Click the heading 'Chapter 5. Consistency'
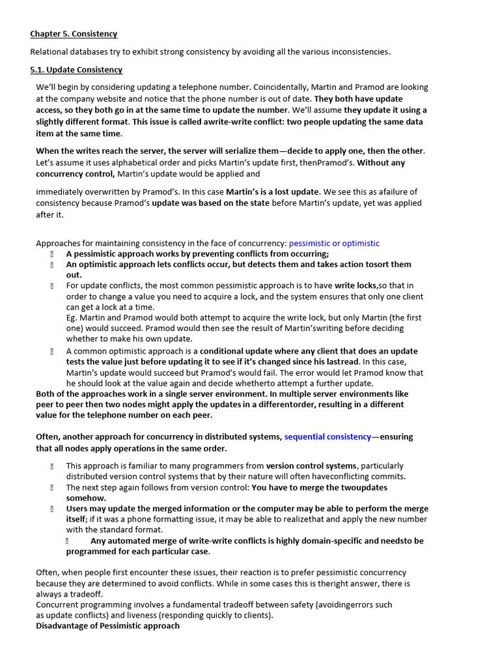74,34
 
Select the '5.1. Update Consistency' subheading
76,70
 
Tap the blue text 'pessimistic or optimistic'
334,244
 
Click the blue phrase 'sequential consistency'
327,437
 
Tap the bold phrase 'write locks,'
356,286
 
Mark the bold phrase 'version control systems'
311,466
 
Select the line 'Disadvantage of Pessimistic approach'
107,627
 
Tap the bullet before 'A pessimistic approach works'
51,255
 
